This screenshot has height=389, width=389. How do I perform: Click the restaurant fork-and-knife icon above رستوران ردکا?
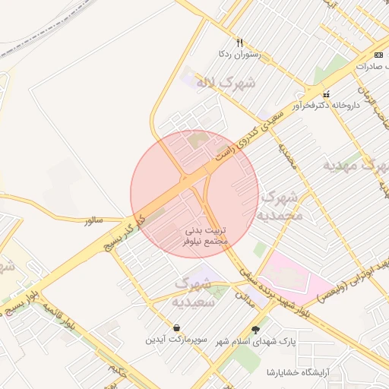click(x=240, y=43)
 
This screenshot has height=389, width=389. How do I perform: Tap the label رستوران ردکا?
click(x=240, y=55)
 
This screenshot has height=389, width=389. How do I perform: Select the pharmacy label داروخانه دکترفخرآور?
click(x=327, y=107)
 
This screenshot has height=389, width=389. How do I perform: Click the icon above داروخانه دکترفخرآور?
click(x=327, y=95)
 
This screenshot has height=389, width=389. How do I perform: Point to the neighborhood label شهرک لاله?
click(x=226, y=81)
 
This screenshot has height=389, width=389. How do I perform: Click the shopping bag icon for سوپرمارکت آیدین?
click(x=176, y=328)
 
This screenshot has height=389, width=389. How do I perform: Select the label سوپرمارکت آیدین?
click(x=176, y=340)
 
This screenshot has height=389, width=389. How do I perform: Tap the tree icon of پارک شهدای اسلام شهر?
click(x=255, y=329)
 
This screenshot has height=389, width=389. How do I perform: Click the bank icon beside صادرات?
click(x=378, y=55)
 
